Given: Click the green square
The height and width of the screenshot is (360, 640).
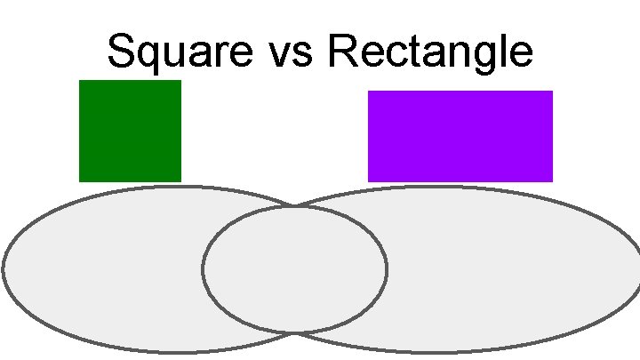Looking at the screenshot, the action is click(130, 131).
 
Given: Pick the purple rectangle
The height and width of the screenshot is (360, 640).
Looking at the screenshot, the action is click(460, 136).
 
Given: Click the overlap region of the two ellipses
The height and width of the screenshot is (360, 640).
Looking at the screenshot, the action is click(294, 269).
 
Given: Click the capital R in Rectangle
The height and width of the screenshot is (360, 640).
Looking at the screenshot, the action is click(341, 52).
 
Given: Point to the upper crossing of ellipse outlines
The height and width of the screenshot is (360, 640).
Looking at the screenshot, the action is click(294, 206).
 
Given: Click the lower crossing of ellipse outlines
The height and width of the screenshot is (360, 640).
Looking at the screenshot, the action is click(295, 333).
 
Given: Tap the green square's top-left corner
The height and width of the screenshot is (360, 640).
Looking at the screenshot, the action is click(80, 81).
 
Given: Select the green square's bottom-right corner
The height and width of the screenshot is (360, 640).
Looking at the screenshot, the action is click(180, 180).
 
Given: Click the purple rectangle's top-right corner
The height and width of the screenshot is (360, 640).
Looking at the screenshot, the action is click(552, 92).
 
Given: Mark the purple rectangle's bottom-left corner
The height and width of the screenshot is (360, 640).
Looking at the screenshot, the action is click(369, 180).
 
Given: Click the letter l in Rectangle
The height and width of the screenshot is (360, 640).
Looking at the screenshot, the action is click(506, 52).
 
